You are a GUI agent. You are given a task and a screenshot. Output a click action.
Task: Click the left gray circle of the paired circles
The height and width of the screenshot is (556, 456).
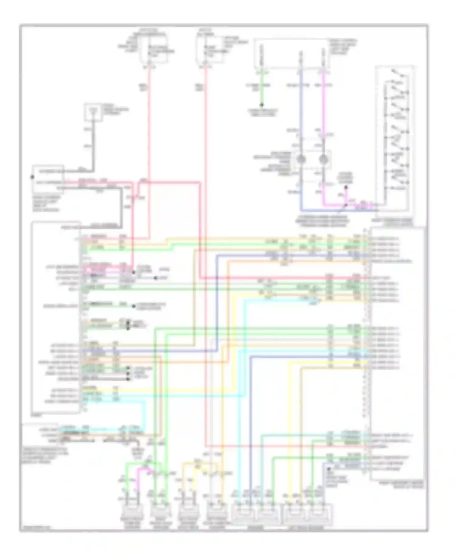click(x=301, y=159)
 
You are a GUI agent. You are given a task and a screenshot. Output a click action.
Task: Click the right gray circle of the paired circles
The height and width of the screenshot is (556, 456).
click(x=323, y=159)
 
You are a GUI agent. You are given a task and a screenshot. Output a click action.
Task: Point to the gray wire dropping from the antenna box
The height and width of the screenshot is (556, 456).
click(x=93, y=143)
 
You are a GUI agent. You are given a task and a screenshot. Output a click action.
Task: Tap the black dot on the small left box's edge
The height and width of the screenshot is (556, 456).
click(x=32, y=177)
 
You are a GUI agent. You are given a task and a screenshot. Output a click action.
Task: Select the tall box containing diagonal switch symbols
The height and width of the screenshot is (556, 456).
click(x=395, y=138)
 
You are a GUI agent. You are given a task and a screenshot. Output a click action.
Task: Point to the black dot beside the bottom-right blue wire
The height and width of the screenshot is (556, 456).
click(x=329, y=469)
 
